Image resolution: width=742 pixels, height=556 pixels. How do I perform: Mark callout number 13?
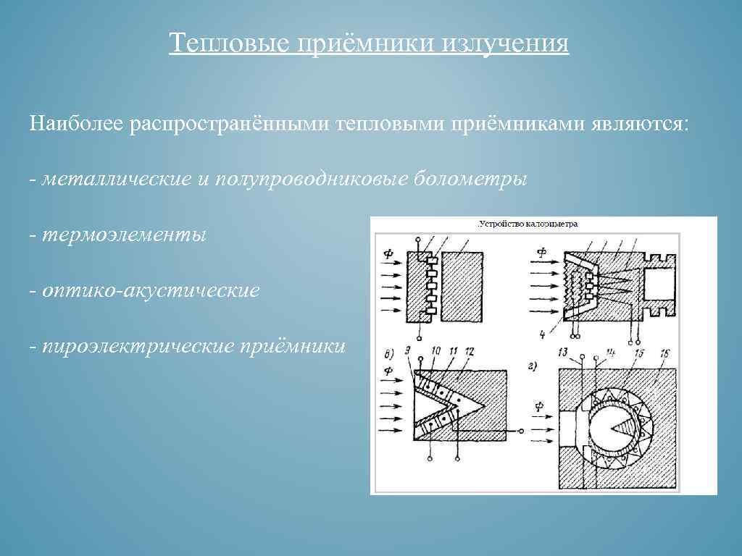tap(563, 352)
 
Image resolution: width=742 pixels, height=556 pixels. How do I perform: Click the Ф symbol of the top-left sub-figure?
tap(388, 253)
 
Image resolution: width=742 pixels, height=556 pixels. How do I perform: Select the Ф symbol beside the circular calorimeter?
tap(538, 406)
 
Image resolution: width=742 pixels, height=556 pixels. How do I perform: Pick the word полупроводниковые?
tap(312, 178)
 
